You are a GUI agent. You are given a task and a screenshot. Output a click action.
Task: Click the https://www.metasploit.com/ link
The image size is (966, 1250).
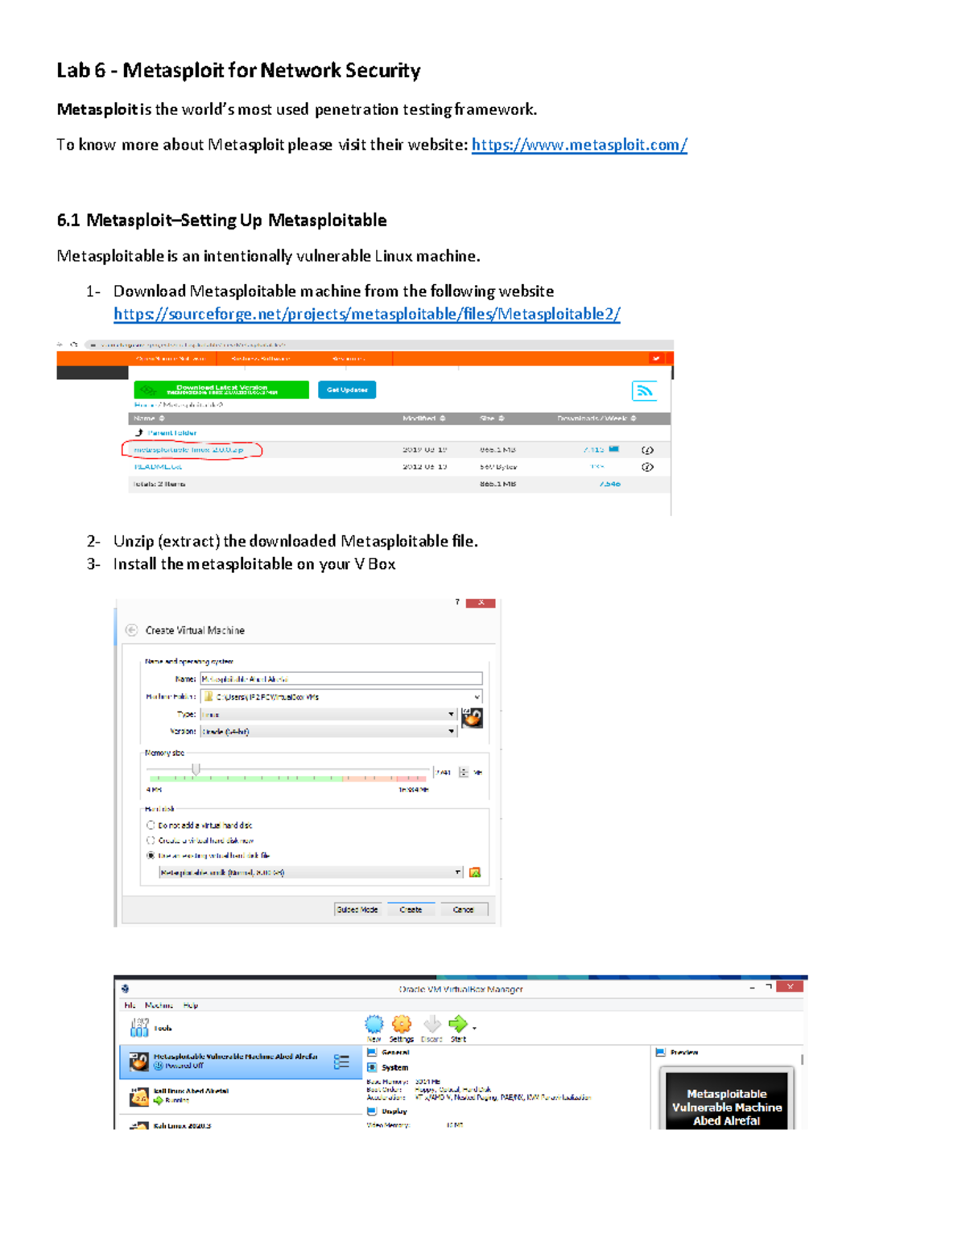(579, 145)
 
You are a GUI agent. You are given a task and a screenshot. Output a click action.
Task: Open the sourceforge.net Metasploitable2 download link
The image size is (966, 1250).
(366, 314)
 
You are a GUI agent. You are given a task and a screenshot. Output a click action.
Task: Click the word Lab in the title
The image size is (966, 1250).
(72, 71)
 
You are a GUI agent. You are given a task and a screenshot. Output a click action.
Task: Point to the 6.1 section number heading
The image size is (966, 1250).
(68, 221)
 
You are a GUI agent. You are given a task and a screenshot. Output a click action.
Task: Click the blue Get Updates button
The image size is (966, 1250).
(347, 390)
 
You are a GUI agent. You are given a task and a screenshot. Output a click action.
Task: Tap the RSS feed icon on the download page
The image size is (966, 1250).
(644, 391)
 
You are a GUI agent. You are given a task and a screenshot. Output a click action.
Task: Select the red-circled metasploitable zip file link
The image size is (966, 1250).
(189, 450)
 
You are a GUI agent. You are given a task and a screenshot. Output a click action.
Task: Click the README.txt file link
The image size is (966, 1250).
(158, 467)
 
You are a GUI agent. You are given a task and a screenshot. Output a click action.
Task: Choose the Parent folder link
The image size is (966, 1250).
(171, 433)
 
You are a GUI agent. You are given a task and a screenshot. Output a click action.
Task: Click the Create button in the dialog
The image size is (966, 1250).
(411, 910)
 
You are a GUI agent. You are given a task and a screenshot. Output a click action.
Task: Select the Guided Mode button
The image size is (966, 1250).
(357, 910)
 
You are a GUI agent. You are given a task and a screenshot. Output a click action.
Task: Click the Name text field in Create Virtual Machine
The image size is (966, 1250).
(341, 679)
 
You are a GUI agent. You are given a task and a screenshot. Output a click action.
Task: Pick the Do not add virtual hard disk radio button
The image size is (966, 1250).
(151, 825)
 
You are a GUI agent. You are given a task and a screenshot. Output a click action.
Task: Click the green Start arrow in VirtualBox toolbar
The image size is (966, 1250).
(457, 1024)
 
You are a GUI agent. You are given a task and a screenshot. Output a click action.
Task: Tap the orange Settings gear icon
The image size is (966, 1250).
(401, 1024)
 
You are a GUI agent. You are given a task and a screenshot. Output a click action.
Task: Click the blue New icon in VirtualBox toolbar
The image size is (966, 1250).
(374, 1024)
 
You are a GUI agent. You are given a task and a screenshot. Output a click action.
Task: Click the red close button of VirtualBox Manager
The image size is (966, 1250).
(791, 987)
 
